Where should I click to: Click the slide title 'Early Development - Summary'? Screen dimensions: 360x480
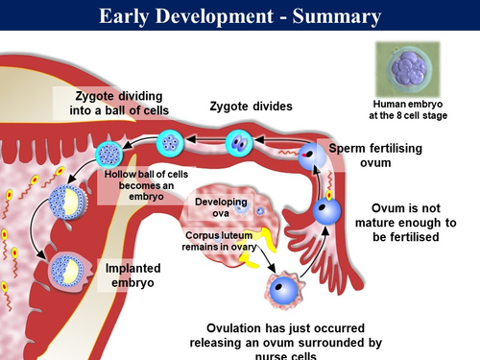tap(239, 16)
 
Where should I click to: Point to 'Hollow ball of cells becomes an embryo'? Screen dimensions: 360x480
tap(140, 180)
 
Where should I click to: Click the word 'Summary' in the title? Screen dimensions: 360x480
tap(330, 16)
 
